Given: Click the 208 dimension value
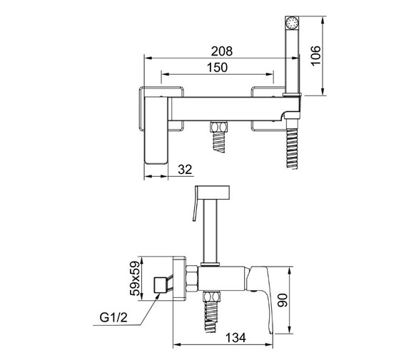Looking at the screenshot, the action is point(222,51).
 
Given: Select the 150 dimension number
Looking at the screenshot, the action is point(217,68).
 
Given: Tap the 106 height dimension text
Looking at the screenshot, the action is point(315,56).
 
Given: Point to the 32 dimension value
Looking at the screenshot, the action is point(185,170).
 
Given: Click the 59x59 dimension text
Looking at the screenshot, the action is point(135,279).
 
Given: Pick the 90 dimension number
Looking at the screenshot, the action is point(283,300).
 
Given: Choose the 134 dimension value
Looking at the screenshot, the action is point(235,338).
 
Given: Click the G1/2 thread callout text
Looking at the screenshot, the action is point(113,317).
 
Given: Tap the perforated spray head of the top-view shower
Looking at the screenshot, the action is point(292,23).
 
